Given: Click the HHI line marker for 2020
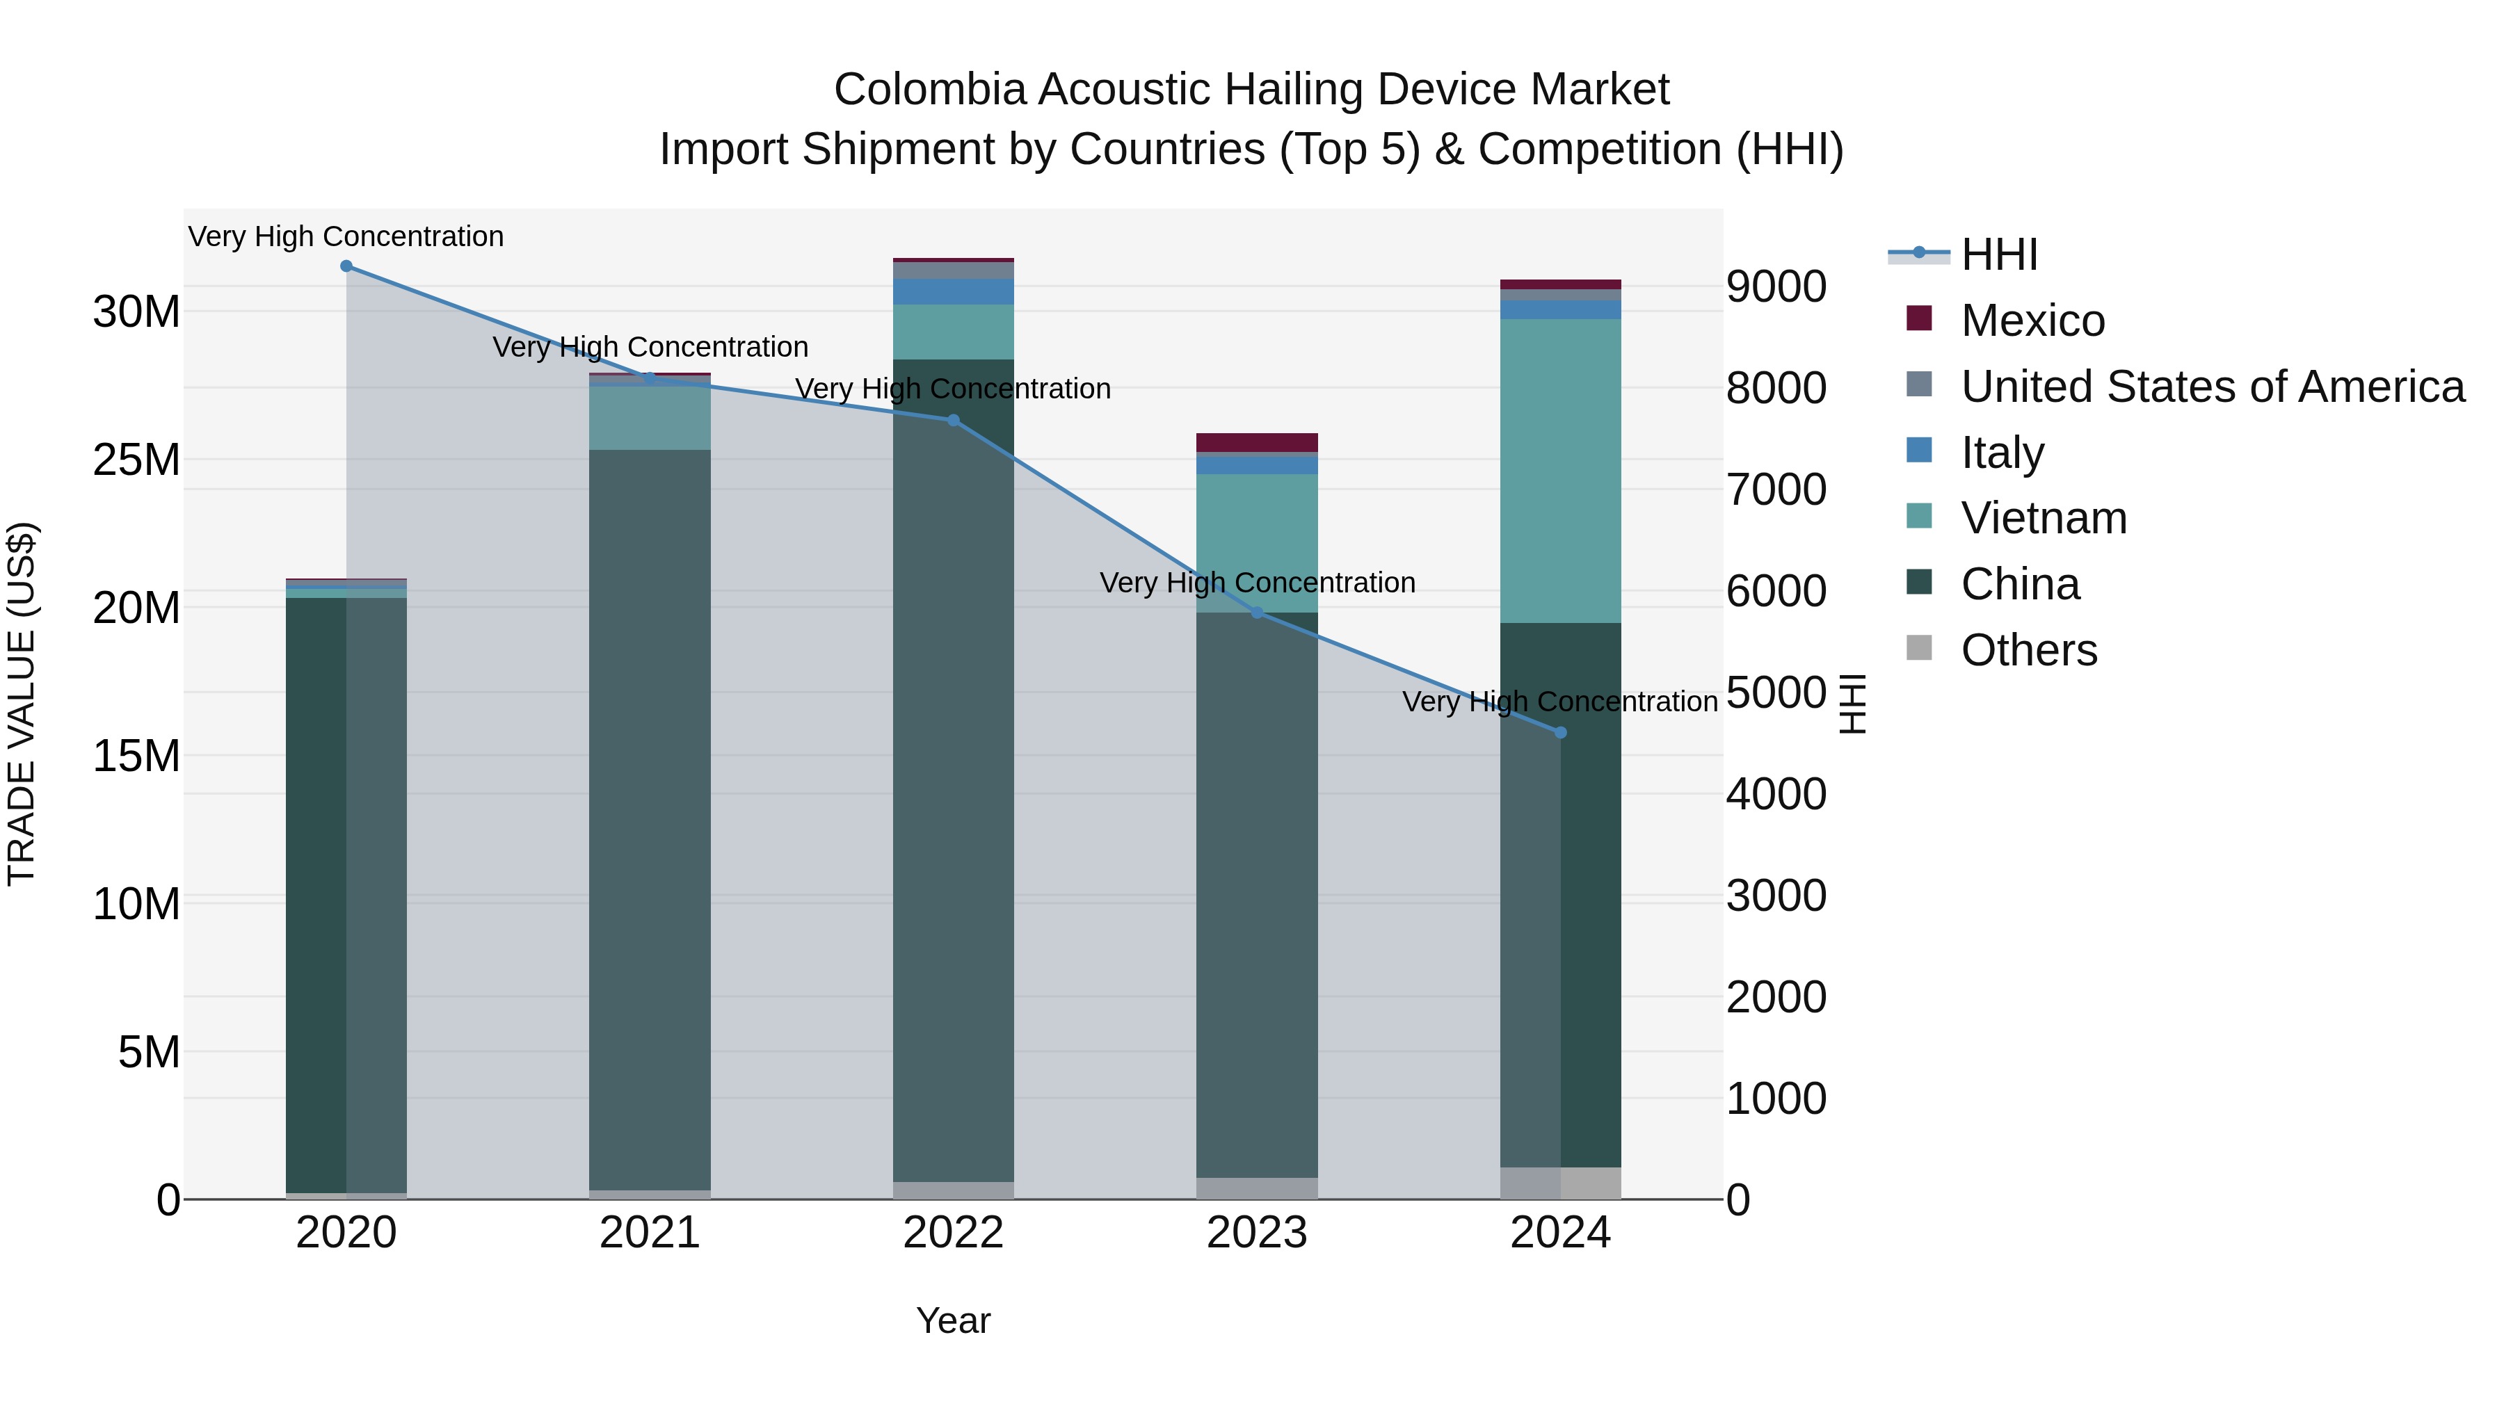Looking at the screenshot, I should click(x=346, y=266).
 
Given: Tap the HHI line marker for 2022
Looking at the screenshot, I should click(x=954, y=421).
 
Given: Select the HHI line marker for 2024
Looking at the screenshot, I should click(x=1561, y=733).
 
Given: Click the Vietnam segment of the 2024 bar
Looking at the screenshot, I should click(x=1561, y=471).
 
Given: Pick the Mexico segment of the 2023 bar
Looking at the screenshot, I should click(x=1257, y=443).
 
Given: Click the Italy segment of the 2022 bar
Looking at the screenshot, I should click(x=954, y=291).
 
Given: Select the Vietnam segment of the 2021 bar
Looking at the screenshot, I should click(x=650, y=418).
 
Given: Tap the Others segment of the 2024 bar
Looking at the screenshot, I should click(x=1561, y=1183).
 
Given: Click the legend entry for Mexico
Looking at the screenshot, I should click(x=2032, y=321).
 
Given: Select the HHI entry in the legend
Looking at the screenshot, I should click(x=1998, y=254).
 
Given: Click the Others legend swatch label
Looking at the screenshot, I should click(x=2029, y=650).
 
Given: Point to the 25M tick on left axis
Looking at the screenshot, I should click(x=136, y=460).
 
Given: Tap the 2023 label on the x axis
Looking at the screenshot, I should click(x=1257, y=1233).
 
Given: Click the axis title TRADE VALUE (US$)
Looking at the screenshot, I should click(x=22, y=704).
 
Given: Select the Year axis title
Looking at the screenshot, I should click(x=953, y=1320).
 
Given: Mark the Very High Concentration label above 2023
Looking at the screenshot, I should click(x=1257, y=583).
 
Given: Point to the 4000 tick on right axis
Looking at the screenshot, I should click(x=1776, y=794).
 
